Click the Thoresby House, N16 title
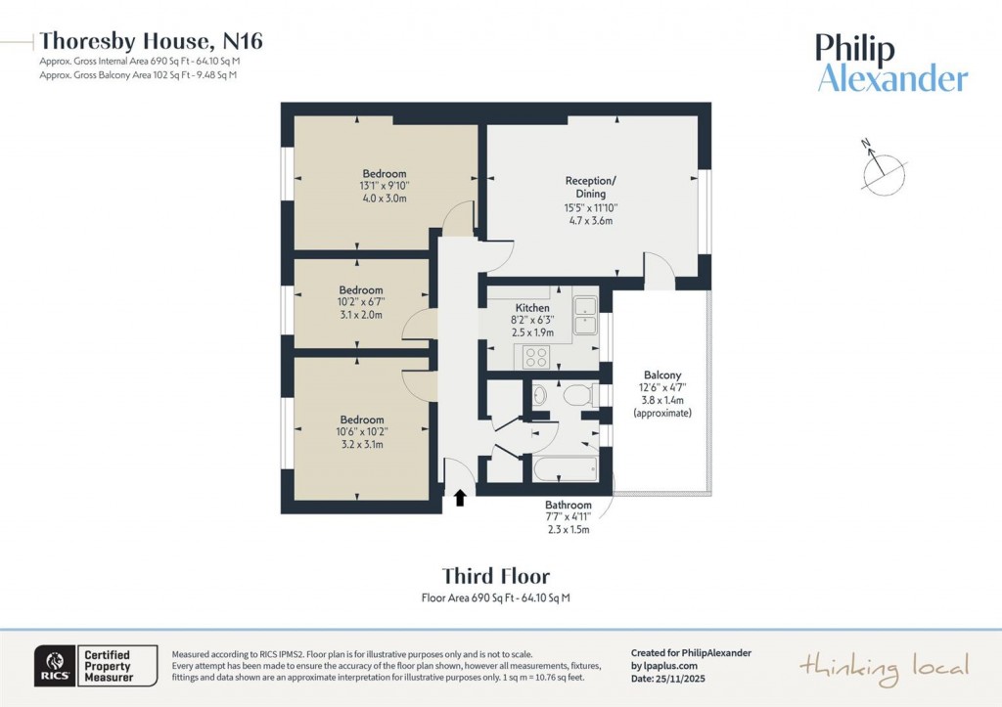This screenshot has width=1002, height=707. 151,41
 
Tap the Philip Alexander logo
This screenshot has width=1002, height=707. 891,64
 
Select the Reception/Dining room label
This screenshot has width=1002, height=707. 590,187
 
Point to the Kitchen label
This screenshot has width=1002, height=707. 532,308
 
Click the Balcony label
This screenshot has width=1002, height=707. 661,376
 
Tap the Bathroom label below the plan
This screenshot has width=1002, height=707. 569,506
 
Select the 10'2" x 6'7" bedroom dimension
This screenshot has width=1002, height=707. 361,302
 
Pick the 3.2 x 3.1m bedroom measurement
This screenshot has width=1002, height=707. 360,444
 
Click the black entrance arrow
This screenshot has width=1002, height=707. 459,499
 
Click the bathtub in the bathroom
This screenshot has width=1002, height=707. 566,469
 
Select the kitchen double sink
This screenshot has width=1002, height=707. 586,315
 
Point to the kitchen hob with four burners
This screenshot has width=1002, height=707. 537,356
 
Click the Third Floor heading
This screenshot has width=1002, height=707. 495,576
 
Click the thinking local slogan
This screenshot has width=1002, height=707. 884,667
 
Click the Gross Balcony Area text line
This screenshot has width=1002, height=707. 138,74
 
